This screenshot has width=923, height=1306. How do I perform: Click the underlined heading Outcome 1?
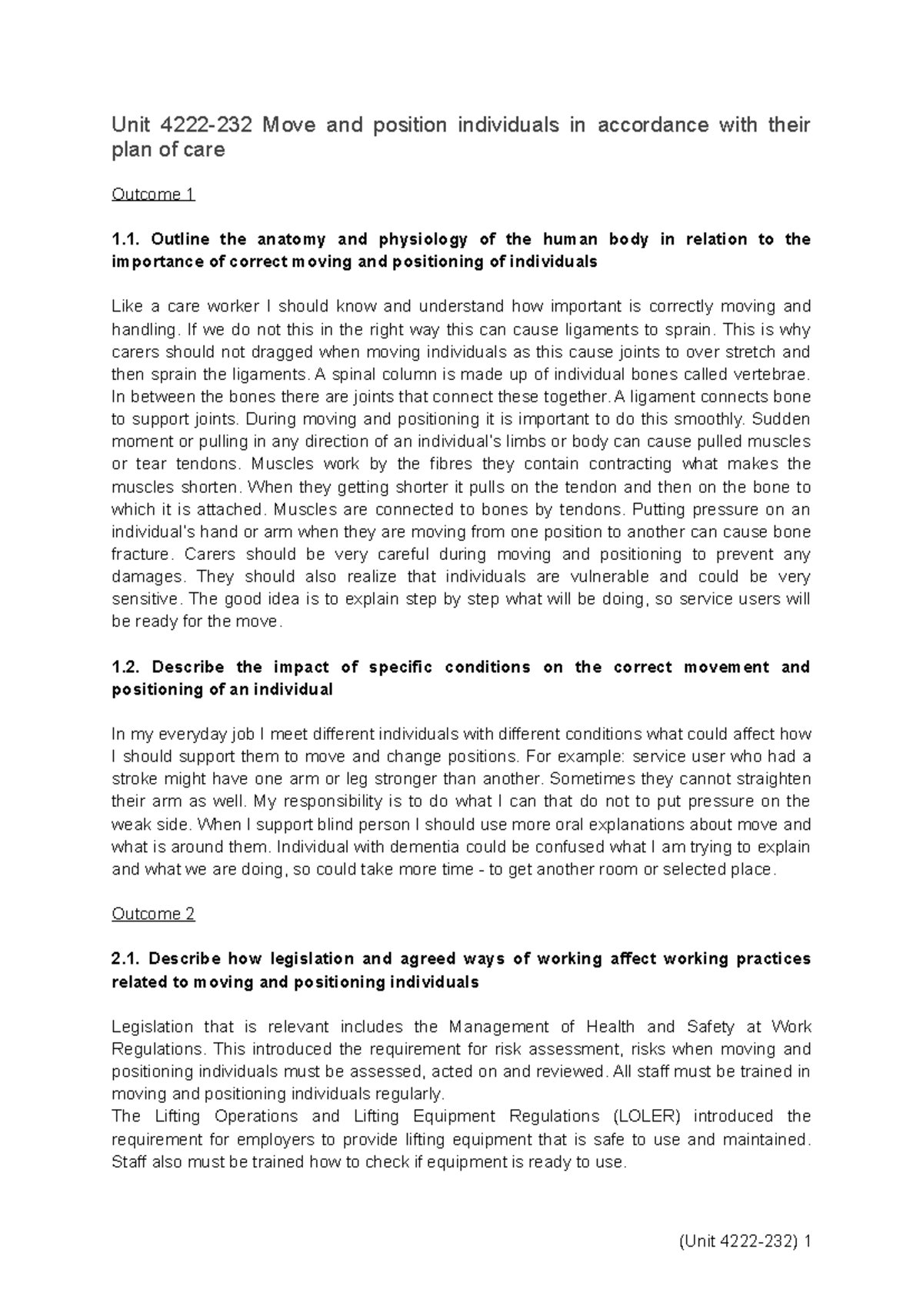[153, 195]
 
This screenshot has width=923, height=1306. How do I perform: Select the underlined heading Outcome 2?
[153, 914]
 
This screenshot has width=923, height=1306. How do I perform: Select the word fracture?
[139, 555]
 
